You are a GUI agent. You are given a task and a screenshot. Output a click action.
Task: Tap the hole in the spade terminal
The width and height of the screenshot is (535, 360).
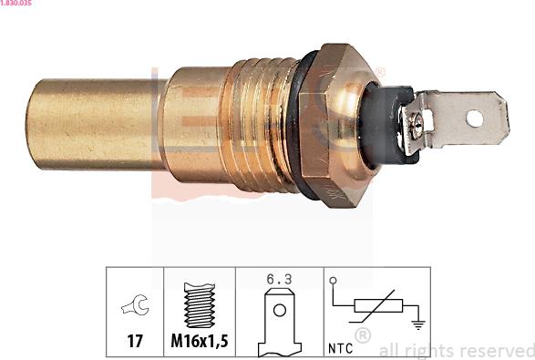pyautogui.click(x=473, y=118)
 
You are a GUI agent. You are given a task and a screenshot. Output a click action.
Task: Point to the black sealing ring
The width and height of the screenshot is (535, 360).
pyautogui.click(x=304, y=122)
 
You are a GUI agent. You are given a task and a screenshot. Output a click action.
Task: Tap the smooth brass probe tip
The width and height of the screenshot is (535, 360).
pyautogui.click(x=91, y=124)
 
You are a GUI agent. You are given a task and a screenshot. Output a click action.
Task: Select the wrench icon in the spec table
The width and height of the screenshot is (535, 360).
pyautogui.click(x=134, y=308)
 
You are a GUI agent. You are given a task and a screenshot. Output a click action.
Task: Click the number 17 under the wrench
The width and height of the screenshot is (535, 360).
pyautogui.click(x=134, y=344)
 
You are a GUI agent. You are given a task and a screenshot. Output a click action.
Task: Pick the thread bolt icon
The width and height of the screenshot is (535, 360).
pyautogui.click(x=199, y=305)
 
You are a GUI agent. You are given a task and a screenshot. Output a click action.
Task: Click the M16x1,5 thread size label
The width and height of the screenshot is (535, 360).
pyautogui.click(x=199, y=344)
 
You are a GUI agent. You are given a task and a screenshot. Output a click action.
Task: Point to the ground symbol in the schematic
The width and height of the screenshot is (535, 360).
pyautogui.click(x=416, y=322)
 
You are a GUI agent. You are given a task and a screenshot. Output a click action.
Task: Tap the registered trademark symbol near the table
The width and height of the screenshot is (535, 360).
pyautogui.click(x=363, y=335)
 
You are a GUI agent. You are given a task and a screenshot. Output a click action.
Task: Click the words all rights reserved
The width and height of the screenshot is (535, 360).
pyautogui.click(x=457, y=350)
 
